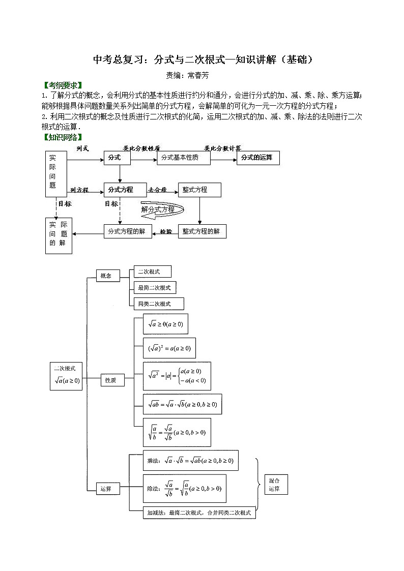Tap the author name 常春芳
point(198,75)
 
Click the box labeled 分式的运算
point(257,158)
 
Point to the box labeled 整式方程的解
point(201,231)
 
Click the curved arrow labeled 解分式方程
point(160,209)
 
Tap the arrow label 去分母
point(158,190)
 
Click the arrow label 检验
point(166,231)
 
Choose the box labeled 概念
point(107,276)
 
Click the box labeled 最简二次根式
point(154,288)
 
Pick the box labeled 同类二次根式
point(158,304)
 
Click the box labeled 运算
point(107,489)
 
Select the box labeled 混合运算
point(275,484)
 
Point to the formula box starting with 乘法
point(190,461)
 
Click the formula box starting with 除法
point(184,488)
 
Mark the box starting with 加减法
point(199,513)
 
